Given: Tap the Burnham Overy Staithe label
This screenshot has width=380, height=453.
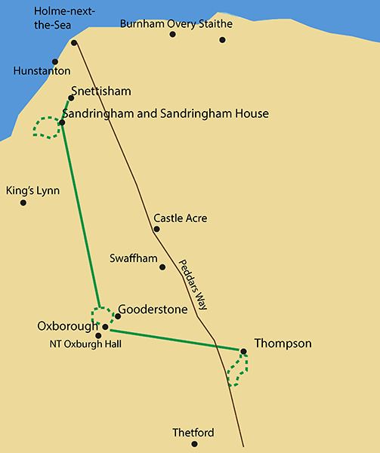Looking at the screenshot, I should pos(176,23).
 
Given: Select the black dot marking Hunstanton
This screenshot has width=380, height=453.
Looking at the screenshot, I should pos(55,62).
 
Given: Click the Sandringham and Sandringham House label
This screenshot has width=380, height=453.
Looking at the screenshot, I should pos(165,113).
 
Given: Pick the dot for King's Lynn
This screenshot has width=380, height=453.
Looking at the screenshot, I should pos(23,202).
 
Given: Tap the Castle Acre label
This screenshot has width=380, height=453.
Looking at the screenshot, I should pos(180,218).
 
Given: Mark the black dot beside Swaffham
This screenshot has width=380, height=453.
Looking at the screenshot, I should pos(162,267).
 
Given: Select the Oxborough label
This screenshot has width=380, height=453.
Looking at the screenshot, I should pos(67,326).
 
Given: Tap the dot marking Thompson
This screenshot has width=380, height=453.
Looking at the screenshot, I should pos(243,350).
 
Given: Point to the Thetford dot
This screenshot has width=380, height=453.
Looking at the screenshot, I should pos(194,444).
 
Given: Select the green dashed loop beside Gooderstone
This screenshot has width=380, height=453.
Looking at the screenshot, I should pos(103,317).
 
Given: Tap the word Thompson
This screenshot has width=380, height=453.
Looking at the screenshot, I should pos(283,344).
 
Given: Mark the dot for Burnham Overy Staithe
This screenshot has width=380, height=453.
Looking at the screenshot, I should pos(222,39).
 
